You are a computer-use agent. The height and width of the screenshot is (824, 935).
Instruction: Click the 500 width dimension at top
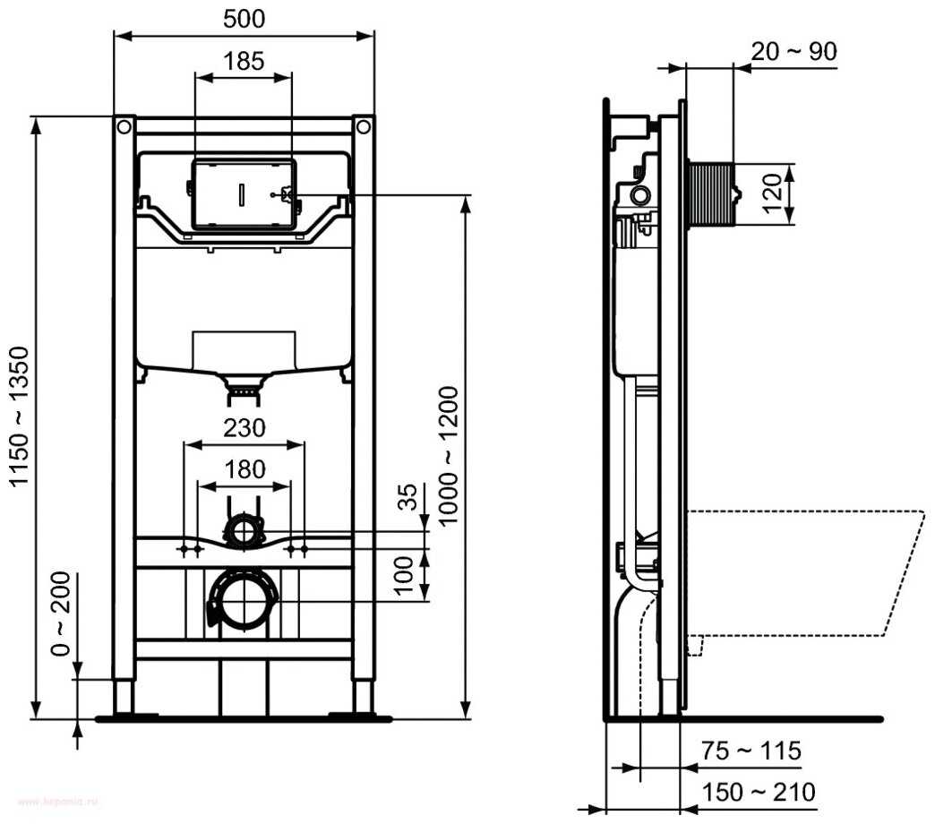[x=244, y=18]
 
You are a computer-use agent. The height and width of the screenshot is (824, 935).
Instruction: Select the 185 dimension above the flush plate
[x=244, y=60]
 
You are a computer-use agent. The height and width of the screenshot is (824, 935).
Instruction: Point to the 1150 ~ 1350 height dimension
[x=20, y=416]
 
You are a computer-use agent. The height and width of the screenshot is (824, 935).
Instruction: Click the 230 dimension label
[x=244, y=428]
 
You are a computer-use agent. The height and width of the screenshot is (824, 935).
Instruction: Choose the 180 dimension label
[x=244, y=468]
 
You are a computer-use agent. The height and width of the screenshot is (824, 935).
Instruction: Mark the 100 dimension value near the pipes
[x=405, y=573]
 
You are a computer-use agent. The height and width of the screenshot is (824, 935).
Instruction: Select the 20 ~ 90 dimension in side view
[x=793, y=51]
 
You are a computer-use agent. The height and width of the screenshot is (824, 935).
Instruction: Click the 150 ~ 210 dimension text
[x=758, y=792]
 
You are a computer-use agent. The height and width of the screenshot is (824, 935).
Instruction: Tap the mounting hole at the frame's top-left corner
[x=123, y=127]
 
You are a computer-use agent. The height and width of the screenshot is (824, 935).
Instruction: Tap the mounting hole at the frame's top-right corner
[x=363, y=127]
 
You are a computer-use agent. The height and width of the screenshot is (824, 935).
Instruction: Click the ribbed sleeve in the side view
[x=709, y=193]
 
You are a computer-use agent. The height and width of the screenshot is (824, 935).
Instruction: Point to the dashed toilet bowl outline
[x=806, y=573]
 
